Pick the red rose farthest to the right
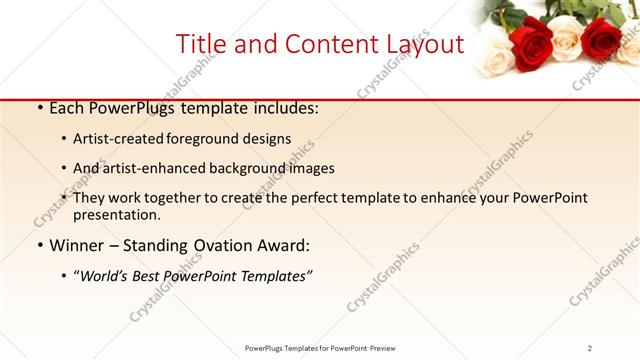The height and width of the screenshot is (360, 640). coord(602,38)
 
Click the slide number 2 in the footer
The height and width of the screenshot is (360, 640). coord(590,347)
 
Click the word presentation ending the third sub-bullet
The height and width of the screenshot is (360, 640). coord(116,215)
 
